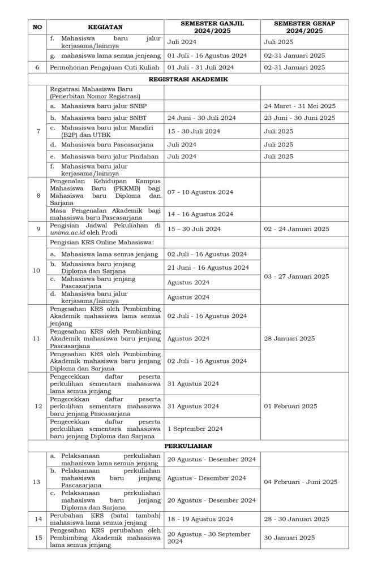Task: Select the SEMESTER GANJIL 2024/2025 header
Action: pyautogui.click(x=212, y=27)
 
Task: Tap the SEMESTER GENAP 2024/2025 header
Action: pyautogui.click(x=304, y=27)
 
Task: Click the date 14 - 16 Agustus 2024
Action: pyautogui.click(x=200, y=214)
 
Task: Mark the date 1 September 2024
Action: pyautogui.click(x=195, y=429)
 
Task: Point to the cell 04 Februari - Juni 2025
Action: pyautogui.click(x=300, y=482)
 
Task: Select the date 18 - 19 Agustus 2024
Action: pyautogui.click(x=200, y=519)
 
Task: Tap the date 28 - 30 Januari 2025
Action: pyautogui.click(x=297, y=519)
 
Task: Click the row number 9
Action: pyautogui.click(x=37, y=228)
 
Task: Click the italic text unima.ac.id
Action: pyautogui.click(x=66, y=232)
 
